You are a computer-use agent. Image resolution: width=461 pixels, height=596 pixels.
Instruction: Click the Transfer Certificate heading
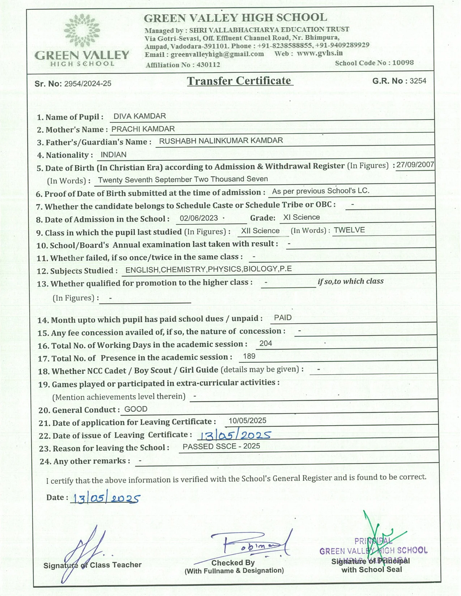click(239, 81)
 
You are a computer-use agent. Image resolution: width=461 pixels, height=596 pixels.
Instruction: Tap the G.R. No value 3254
click(418, 81)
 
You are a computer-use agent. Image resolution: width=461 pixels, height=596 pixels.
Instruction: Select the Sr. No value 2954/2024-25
click(87, 84)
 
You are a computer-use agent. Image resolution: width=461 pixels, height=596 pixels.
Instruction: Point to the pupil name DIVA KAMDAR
click(140, 116)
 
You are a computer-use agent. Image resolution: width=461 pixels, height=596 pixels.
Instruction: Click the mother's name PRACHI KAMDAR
click(143, 129)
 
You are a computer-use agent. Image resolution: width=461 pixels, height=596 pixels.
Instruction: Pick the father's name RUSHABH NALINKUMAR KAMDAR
click(221, 141)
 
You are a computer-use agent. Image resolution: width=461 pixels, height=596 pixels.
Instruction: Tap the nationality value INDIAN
click(114, 155)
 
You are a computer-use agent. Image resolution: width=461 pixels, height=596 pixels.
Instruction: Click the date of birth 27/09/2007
click(415, 165)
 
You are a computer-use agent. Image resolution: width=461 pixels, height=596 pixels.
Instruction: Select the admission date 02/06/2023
click(199, 218)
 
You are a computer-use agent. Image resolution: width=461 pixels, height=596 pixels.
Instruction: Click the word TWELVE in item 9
click(349, 230)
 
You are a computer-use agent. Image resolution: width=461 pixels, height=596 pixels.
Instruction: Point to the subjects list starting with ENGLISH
click(209, 269)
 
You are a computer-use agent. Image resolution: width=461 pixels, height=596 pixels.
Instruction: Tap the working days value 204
click(266, 344)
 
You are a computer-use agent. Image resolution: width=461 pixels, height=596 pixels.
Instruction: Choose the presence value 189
click(249, 357)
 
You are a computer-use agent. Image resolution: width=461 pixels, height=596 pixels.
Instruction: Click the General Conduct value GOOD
click(136, 409)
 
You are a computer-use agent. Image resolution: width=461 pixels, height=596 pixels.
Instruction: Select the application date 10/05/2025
click(247, 421)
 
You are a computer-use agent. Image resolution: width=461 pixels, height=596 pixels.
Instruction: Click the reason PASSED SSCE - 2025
click(221, 446)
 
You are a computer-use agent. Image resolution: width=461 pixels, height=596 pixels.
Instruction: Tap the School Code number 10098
click(403, 62)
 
